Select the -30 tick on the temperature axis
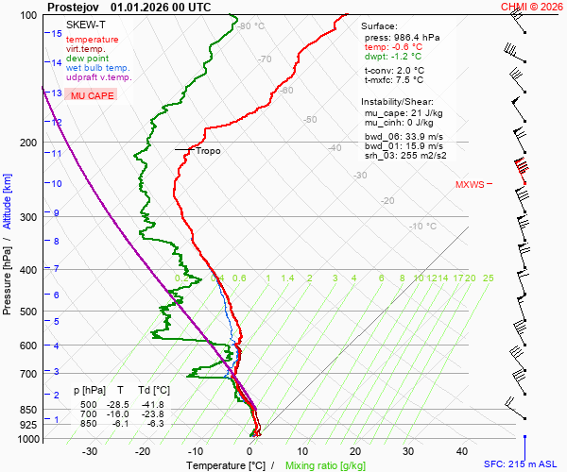pyautogui.click(x=90, y=451)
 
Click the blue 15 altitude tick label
pyautogui.click(x=57, y=33)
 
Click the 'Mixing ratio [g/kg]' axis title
pyautogui.click(x=325, y=465)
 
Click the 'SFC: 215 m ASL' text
pyautogui.click(x=523, y=464)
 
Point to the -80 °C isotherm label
pyautogui.click(x=250, y=26)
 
